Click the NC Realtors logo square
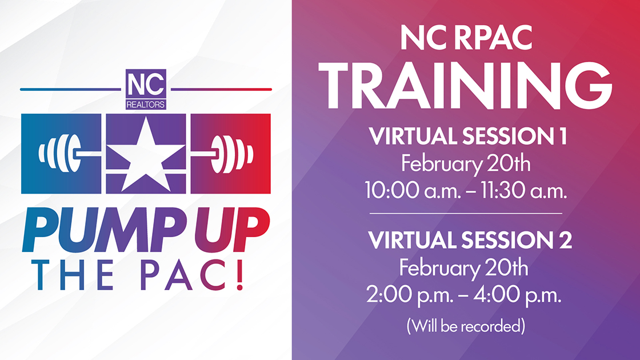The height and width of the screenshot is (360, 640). [146, 89]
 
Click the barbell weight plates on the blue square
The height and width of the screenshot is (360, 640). [59, 154]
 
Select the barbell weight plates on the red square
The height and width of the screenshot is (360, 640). [232, 154]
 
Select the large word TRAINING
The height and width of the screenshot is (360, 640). [465, 86]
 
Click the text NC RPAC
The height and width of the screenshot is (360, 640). [466, 37]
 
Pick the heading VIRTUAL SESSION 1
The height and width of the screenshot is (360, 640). [468, 137]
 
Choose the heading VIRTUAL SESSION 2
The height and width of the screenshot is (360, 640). [470, 239]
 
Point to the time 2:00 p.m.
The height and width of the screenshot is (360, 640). [410, 294]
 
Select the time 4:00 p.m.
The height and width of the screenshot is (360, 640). [518, 294]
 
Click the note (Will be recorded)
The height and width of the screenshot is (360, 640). [466, 326]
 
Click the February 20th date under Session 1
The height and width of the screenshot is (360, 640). [466, 163]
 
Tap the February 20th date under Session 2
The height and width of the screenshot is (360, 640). [463, 268]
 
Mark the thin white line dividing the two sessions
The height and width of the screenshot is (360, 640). [466, 214]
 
